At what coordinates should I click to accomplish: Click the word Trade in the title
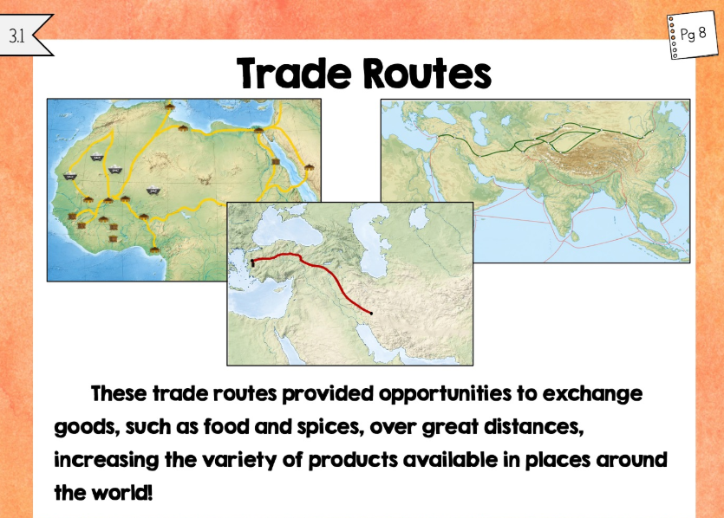tap(294, 74)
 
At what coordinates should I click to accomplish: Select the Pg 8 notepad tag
tap(692, 35)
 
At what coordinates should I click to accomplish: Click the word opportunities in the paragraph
tap(445, 394)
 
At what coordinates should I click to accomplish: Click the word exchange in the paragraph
tap(592, 394)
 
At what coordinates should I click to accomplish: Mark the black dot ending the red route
tap(371, 314)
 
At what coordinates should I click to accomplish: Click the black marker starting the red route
tap(252, 263)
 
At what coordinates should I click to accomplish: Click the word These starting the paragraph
tap(119, 394)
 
